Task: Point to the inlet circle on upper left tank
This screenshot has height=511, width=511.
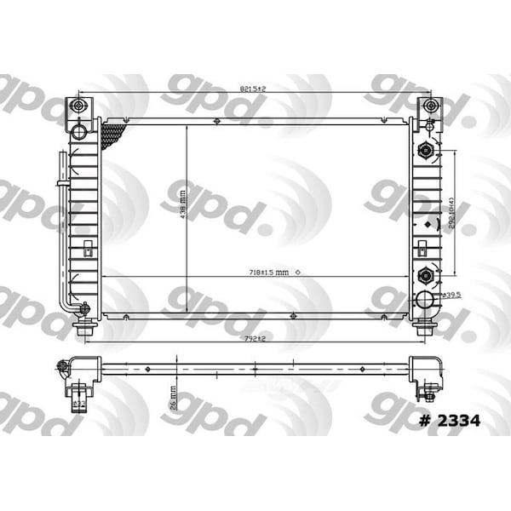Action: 81,132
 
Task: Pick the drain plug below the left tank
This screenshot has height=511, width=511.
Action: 83,328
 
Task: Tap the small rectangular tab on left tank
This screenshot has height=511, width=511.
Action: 87,251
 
